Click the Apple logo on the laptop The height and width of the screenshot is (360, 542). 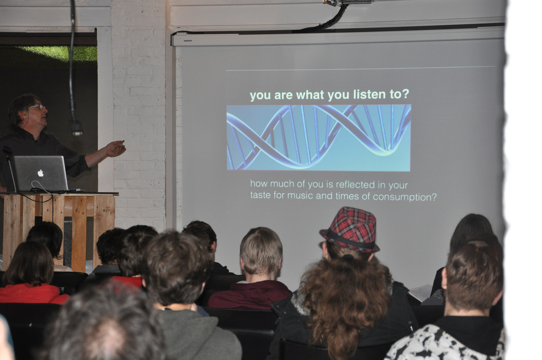tap(40, 173)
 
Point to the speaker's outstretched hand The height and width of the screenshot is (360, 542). tap(115, 148)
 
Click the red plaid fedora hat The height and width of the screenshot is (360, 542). tap(350, 229)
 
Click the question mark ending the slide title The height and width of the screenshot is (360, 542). tap(405, 94)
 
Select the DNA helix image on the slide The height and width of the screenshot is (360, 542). tap(318, 138)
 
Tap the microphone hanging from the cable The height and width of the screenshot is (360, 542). tap(77, 128)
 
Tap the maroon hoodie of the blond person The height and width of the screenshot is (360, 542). tap(250, 295)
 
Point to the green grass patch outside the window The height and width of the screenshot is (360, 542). tap(62, 53)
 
